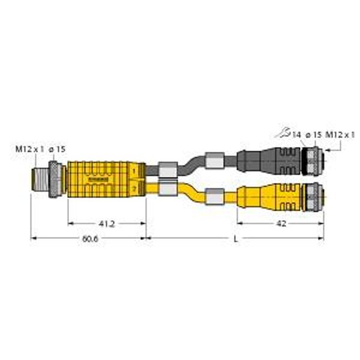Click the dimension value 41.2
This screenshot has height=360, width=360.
[107, 224]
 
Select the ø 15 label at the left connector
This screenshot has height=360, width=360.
[57, 148]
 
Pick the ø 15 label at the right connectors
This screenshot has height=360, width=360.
[313, 136]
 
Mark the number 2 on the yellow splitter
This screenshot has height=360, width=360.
[134, 189]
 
